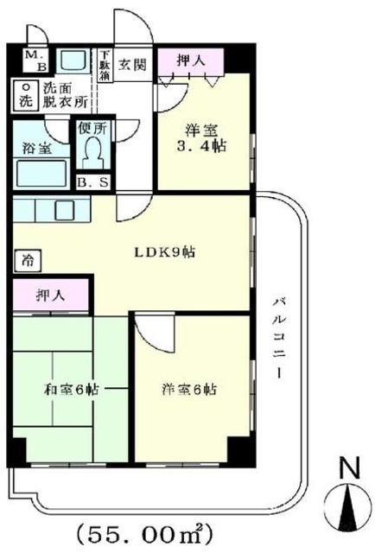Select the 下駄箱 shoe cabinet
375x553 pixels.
[x=105, y=64]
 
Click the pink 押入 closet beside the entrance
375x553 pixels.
[x=189, y=60]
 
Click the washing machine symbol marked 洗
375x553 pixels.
[x=26, y=94]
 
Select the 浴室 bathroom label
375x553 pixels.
[x=36, y=148]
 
